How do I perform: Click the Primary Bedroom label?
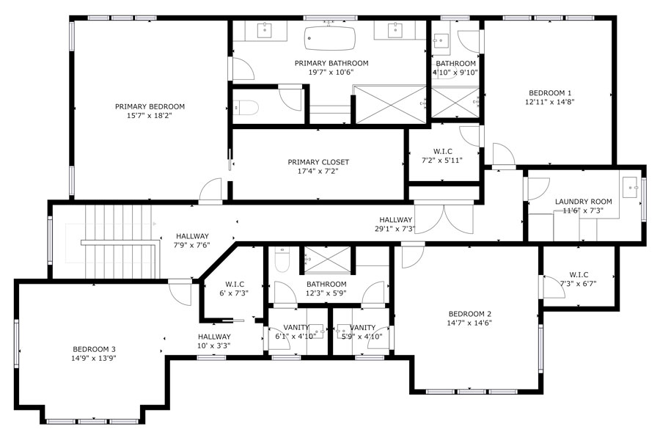[x=150, y=106]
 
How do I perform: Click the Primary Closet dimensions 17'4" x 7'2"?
[x=318, y=172]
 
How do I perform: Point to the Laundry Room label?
[x=583, y=202]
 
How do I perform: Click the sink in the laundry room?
[x=630, y=188]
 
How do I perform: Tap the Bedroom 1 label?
[x=549, y=92]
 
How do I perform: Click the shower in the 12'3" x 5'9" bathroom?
[x=327, y=258]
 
